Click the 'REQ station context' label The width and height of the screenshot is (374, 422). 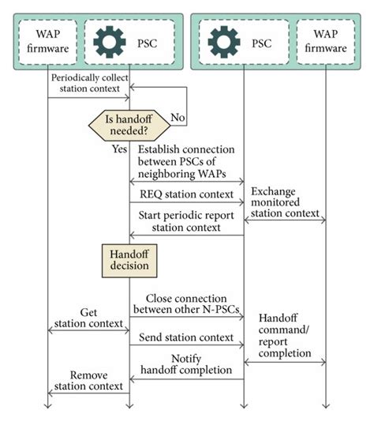[x=186, y=194]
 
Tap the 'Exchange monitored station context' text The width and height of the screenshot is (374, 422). [x=285, y=202]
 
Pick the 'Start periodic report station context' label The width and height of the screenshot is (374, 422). [x=186, y=221]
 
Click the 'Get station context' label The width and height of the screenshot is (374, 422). [x=88, y=319]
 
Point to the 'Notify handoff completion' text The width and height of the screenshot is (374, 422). [x=186, y=364]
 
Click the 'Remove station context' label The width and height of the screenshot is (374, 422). [x=88, y=380]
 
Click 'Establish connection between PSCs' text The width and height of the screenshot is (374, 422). [x=187, y=161]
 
